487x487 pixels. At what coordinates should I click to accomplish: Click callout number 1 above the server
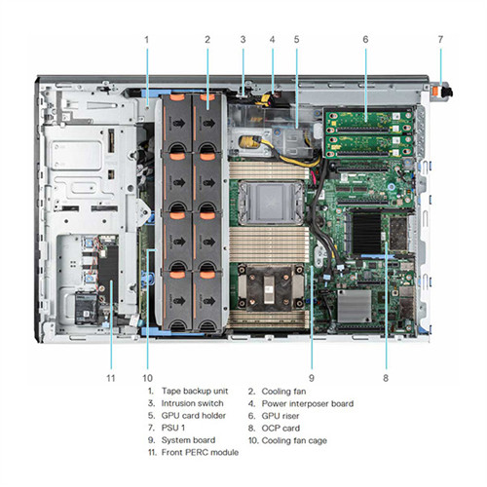147,40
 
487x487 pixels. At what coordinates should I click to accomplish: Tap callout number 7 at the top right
440,40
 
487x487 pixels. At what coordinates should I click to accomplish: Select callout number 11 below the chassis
111,378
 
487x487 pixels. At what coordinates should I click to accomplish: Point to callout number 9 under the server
312,378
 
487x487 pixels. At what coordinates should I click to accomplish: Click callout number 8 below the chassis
386,378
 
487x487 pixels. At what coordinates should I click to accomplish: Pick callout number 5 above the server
296,40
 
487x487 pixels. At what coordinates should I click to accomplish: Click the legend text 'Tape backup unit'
195,391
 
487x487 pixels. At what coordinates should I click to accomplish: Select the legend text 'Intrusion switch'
193,403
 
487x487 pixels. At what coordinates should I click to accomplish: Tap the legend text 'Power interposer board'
308,403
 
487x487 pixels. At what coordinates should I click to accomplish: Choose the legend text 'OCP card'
281,428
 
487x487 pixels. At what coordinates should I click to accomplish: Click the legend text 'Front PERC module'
200,452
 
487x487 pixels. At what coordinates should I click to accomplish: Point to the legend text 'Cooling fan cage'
294,440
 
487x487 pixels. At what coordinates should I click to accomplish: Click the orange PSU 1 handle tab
437,91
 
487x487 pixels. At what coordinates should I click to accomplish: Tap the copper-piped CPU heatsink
269,286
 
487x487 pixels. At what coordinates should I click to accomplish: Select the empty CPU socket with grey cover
270,203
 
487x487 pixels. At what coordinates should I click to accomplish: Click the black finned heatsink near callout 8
366,233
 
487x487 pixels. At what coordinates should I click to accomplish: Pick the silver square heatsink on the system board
355,306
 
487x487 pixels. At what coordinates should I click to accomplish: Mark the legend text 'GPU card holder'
194,416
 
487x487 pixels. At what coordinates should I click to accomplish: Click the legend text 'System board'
188,440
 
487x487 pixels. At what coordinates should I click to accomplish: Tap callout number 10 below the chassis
147,378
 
